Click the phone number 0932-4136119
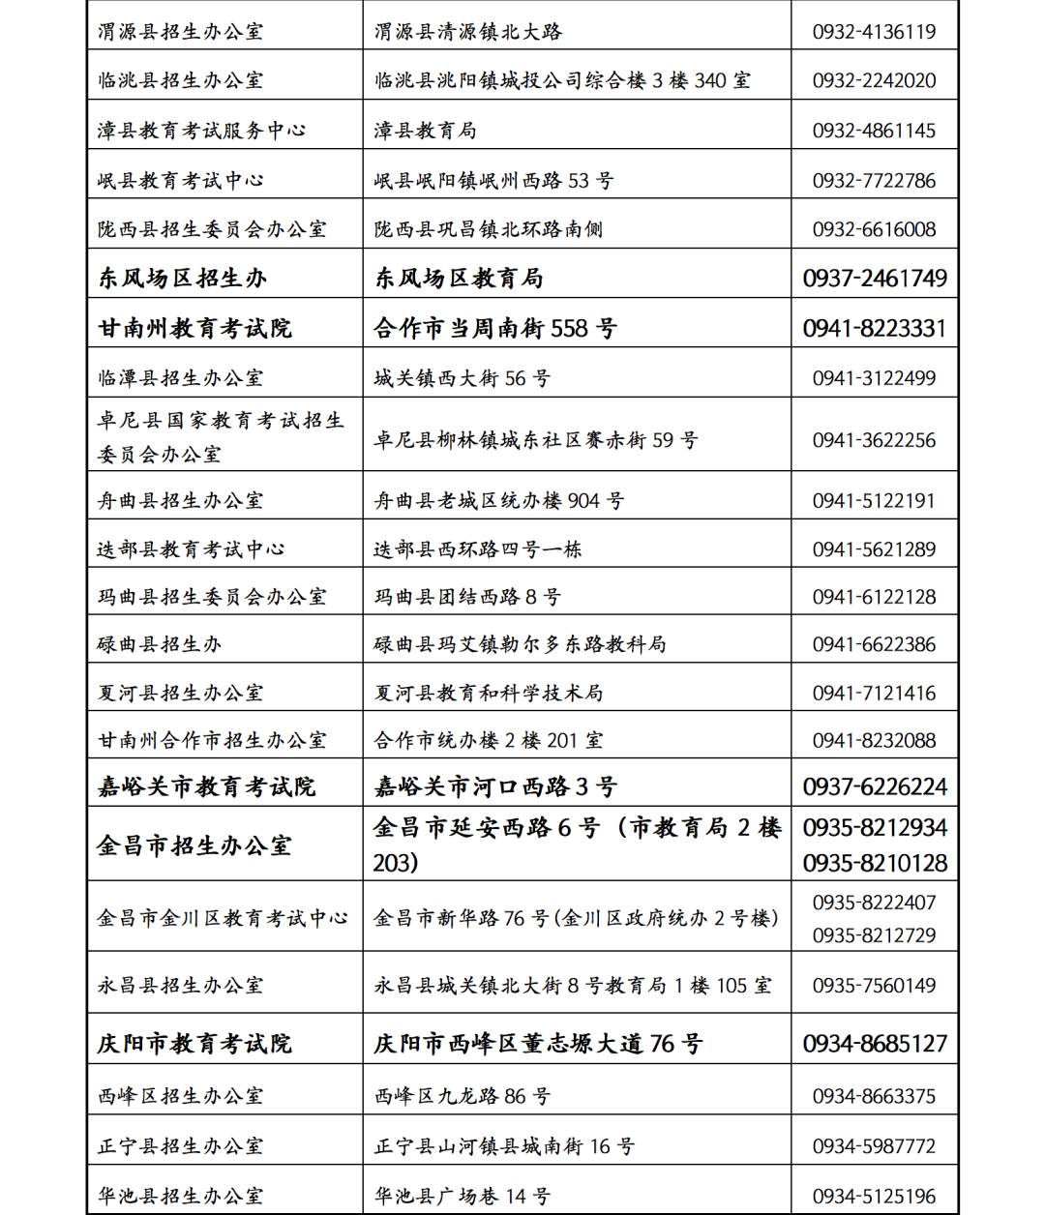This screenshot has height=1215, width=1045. click(x=874, y=32)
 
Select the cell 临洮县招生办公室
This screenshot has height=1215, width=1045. click(x=180, y=80)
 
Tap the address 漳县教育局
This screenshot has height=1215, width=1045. click(x=426, y=131)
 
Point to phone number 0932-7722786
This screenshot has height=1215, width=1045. click(x=874, y=181)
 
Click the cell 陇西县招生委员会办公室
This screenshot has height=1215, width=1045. click(x=212, y=229)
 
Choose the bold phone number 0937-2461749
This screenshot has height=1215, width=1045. click(x=875, y=279)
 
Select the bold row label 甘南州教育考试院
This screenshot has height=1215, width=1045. click(x=194, y=329)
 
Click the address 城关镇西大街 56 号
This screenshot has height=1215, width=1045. click(x=463, y=378)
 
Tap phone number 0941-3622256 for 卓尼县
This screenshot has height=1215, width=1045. click(x=874, y=440)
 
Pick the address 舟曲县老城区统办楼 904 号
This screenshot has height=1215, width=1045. click(x=499, y=501)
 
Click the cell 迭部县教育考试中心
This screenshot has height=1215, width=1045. click(x=191, y=549)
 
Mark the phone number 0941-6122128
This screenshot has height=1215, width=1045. click(x=874, y=597)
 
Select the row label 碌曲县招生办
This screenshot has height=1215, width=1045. click(x=160, y=644)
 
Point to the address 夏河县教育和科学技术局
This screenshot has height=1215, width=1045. click(x=489, y=693)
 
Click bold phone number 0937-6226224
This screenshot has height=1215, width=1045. click(x=875, y=786)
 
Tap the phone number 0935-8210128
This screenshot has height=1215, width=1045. click(x=875, y=863)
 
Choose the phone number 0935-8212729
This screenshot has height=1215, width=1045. click(x=874, y=935)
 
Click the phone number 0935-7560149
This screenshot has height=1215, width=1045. click(x=874, y=986)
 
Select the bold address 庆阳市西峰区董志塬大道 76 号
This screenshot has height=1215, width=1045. click(x=539, y=1044)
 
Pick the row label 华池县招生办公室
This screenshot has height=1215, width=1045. click(x=180, y=1197)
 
